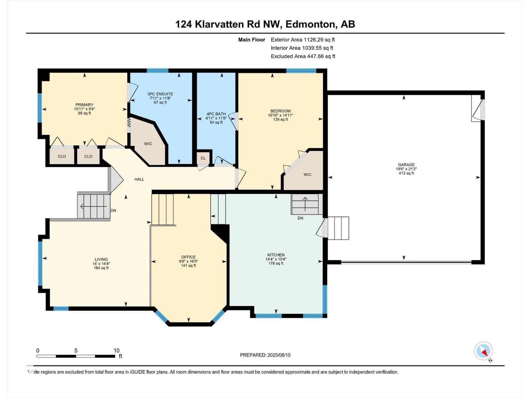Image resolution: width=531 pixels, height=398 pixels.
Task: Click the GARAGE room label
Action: click(406, 165)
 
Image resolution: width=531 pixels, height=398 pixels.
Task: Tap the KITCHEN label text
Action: click(276, 255)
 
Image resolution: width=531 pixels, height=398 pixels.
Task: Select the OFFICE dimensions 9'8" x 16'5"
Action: click(189, 261)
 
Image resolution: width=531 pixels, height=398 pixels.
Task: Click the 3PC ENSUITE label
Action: click(160, 94)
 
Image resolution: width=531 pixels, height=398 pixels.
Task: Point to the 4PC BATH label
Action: click(216, 114)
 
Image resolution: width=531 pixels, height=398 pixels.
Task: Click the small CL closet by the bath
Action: click(203, 158)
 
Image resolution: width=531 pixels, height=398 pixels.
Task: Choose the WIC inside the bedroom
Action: click(307, 174)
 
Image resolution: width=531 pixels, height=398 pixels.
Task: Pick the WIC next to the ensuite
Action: click(148, 144)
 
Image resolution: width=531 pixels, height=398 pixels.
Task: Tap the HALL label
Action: click(139, 179)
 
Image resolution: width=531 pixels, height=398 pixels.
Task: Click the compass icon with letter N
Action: click(484, 351)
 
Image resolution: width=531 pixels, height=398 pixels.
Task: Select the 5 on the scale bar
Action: click(76, 351)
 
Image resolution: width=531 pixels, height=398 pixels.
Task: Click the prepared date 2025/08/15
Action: click(278, 355)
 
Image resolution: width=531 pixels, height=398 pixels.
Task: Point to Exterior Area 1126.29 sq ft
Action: click(303, 39)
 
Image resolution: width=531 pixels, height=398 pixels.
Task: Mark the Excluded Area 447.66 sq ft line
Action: click(303, 56)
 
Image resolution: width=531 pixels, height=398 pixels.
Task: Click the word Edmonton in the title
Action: click(310, 24)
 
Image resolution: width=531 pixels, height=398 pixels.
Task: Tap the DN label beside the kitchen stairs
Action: click(300, 218)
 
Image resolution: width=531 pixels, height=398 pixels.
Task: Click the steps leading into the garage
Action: click(338, 228)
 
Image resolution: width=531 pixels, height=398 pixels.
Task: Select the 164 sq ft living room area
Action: click(101, 268)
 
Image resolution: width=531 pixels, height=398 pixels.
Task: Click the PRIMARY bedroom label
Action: click(84, 104)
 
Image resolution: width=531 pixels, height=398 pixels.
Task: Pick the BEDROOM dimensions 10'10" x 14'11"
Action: click(280, 115)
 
